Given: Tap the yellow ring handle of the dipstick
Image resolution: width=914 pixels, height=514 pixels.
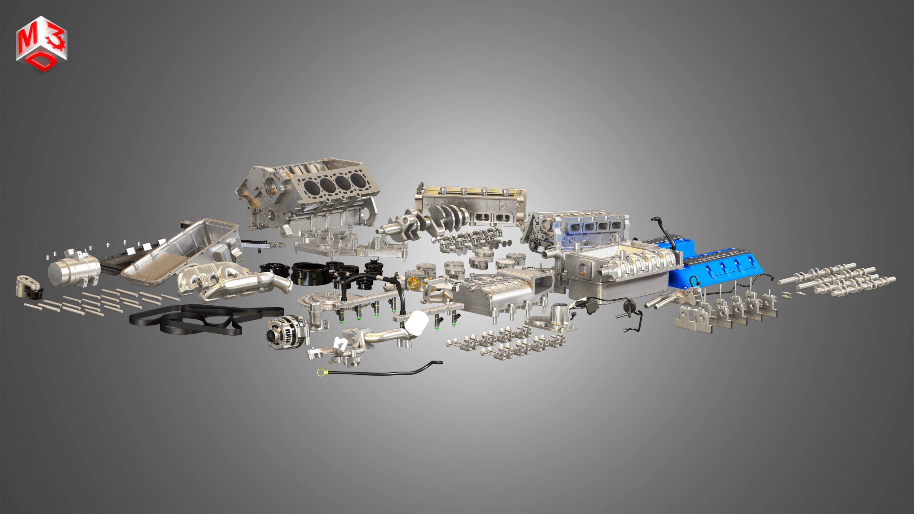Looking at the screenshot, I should click(x=321, y=372).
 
